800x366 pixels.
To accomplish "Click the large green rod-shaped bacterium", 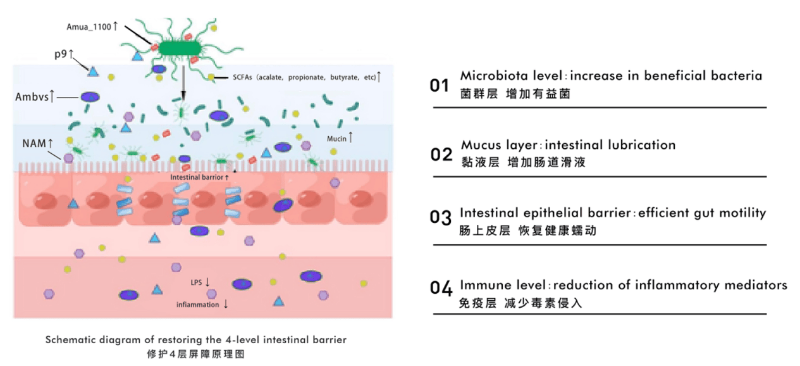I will point(180,47).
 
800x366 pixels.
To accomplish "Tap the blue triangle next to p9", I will point(93,72).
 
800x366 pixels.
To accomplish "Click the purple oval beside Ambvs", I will point(91,97).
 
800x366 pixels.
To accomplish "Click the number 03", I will point(440,217).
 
